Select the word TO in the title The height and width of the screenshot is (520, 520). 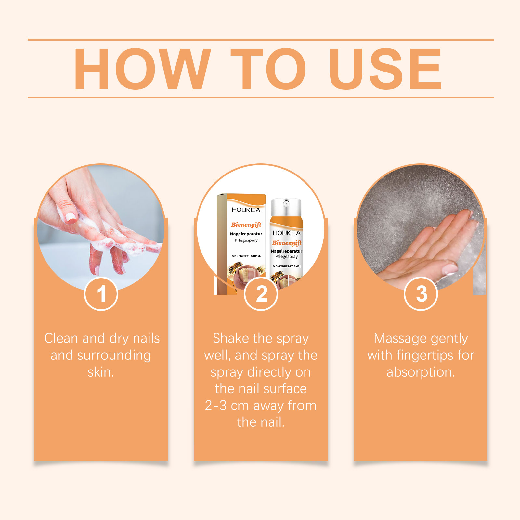tap(268, 69)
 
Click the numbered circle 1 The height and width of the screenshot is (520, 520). tap(101, 294)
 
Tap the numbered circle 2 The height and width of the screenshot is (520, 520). tap(261, 294)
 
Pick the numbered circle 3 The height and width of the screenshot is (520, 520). tap(421, 294)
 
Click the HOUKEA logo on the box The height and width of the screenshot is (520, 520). tap(246, 210)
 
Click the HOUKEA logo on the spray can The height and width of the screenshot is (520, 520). tap(287, 233)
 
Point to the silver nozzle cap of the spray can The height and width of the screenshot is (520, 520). tap(286, 207)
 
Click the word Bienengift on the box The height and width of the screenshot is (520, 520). tap(246, 225)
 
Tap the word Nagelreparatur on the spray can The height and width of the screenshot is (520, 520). tap(287, 251)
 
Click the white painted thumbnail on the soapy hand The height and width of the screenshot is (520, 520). tap(71, 217)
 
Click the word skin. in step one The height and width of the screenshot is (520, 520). tap(101, 372)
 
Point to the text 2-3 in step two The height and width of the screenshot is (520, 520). tap(216, 406)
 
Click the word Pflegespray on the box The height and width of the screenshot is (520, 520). tap(246, 240)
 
